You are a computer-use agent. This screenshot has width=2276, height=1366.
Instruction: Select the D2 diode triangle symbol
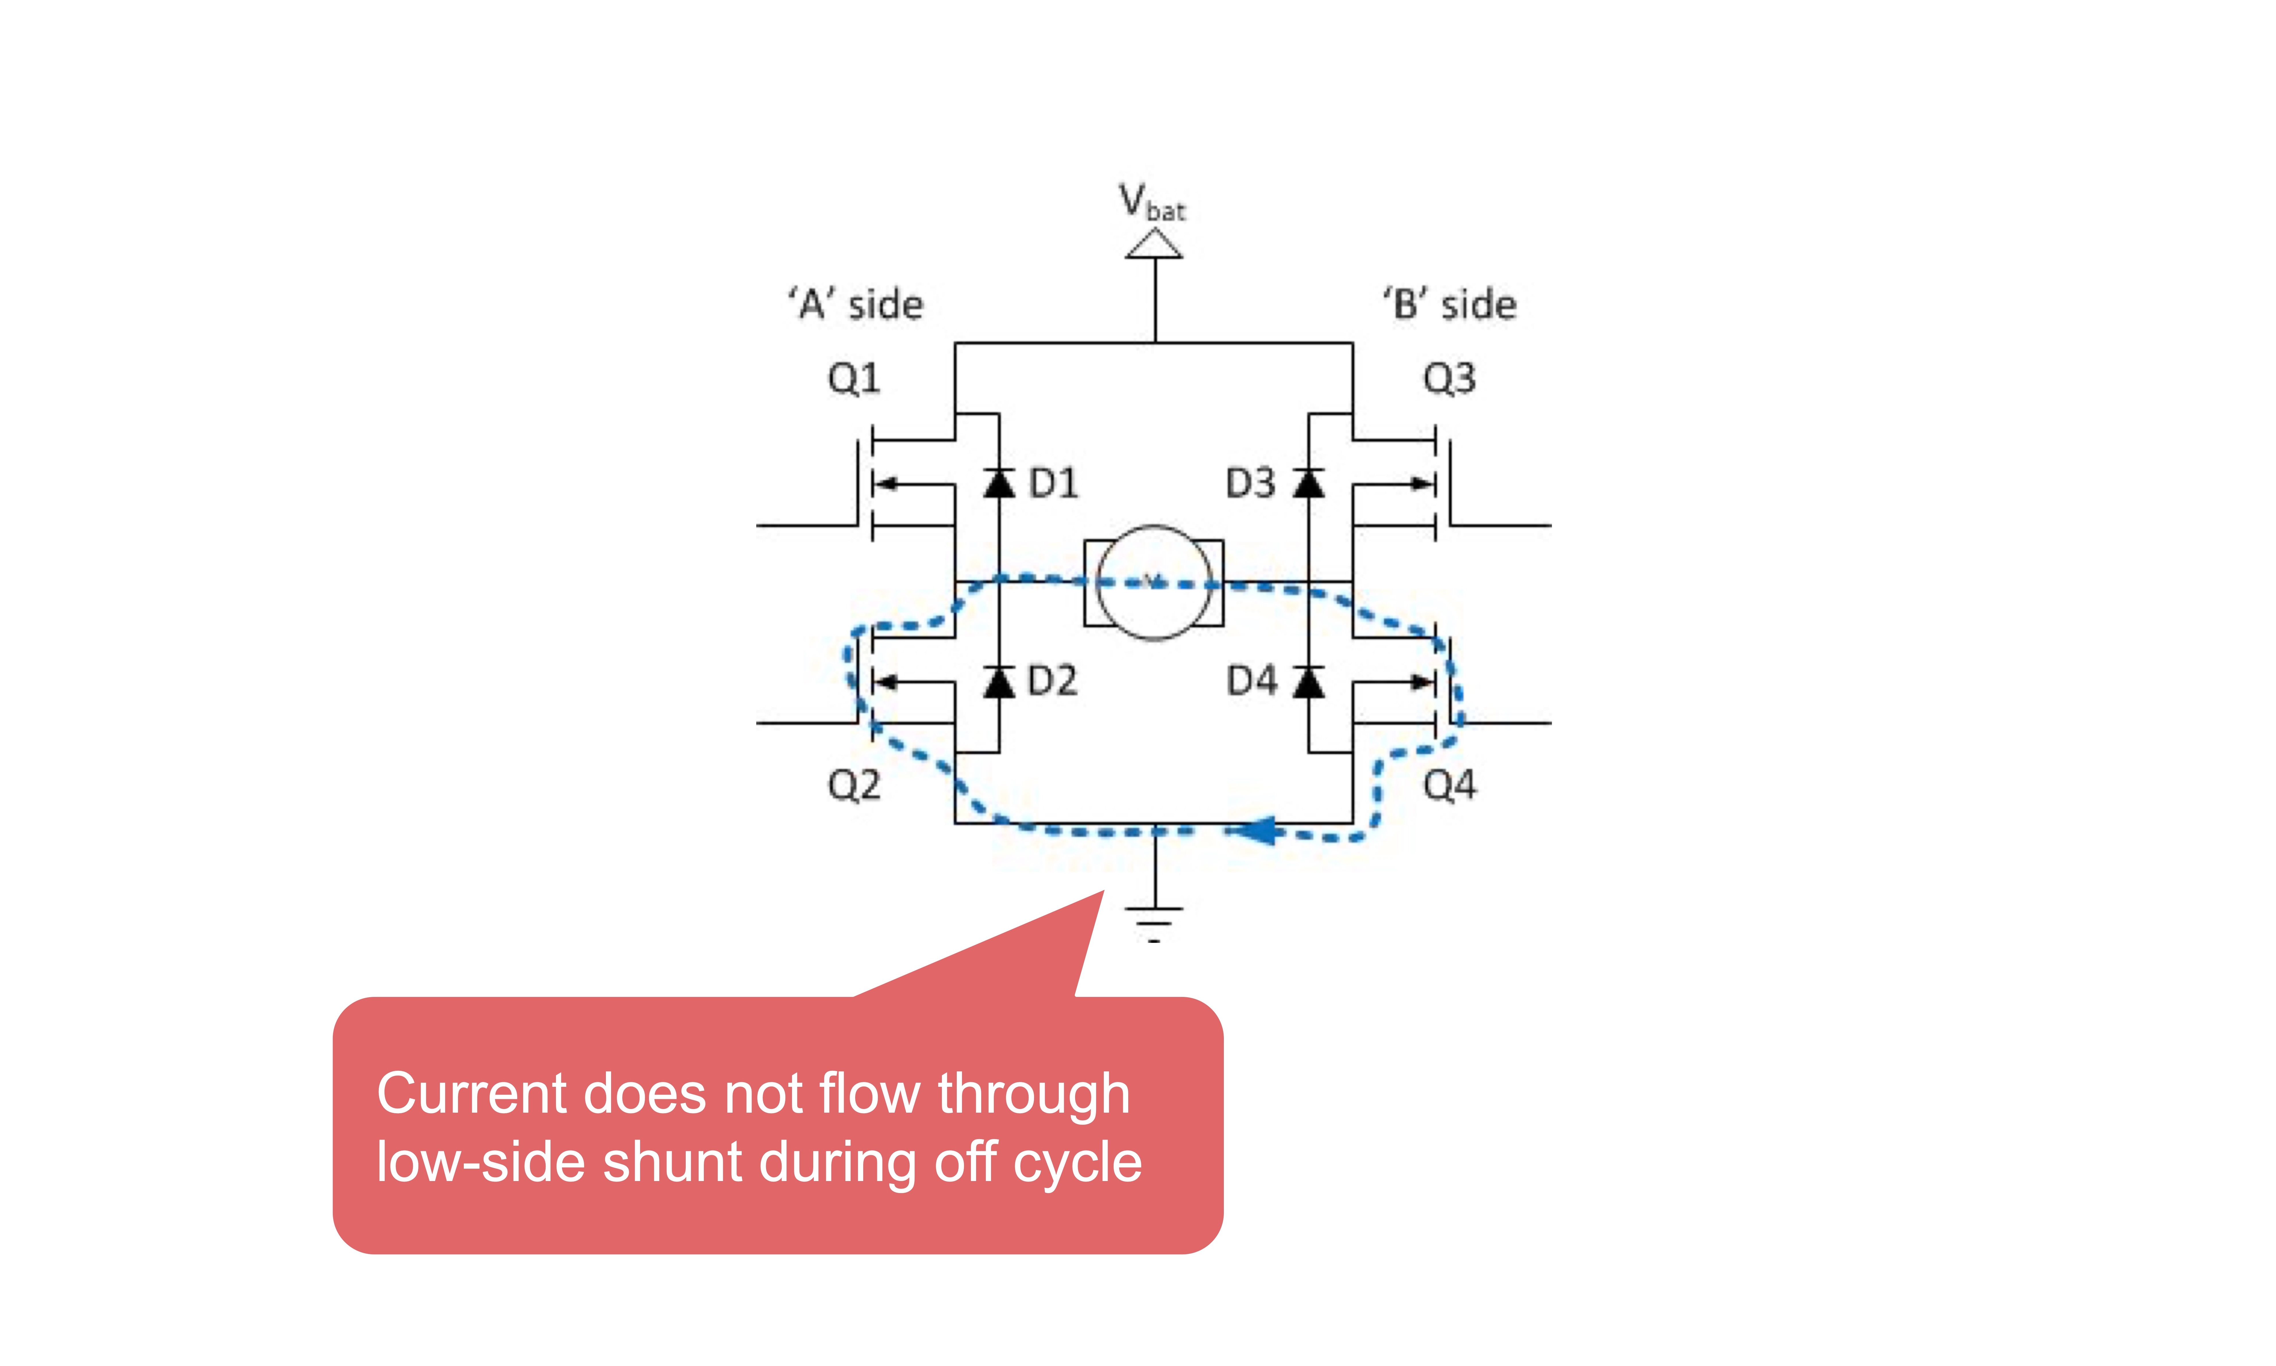click(998, 681)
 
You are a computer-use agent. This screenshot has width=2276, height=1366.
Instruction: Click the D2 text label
click(1052, 681)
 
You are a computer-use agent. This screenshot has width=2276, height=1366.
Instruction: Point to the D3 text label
click(1251, 483)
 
